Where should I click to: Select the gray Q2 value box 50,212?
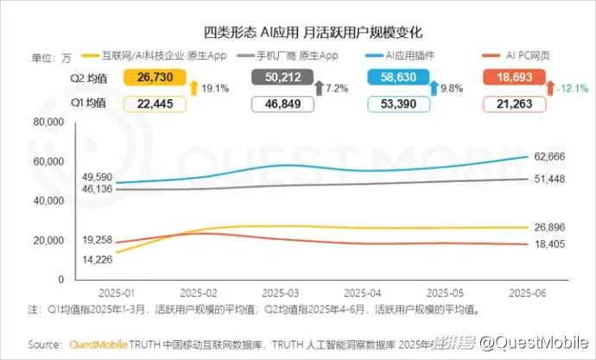[x=285, y=79]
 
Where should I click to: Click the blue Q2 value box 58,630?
[x=411, y=79]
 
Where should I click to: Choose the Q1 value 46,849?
[x=285, y=104]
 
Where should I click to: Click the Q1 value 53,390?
[x=411, y=104]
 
